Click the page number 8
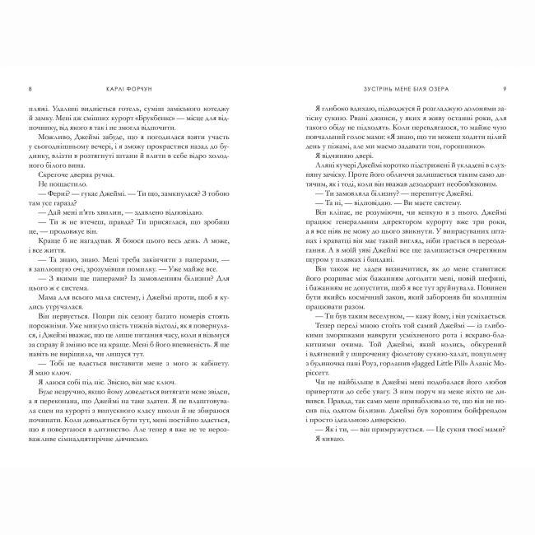(x=30, y=90)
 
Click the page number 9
(x=505, y=90)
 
